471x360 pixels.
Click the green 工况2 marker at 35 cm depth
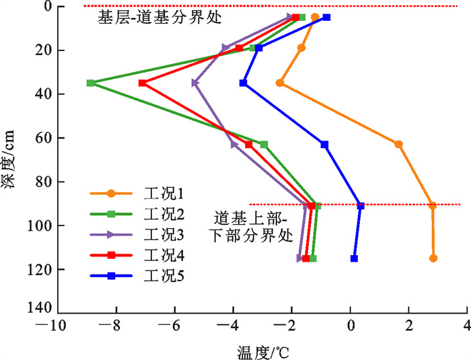(x=90, y=83)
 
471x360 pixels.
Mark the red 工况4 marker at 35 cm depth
(x=142, y=83)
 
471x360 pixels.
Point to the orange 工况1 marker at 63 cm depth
(x=398, y=145)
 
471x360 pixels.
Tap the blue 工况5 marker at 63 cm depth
(x=324, y=145)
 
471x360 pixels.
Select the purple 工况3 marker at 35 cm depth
(x=194, y=83)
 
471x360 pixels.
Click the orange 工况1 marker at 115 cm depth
(x=433, y=258)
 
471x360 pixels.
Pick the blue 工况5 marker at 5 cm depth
(x=326, y=17)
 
